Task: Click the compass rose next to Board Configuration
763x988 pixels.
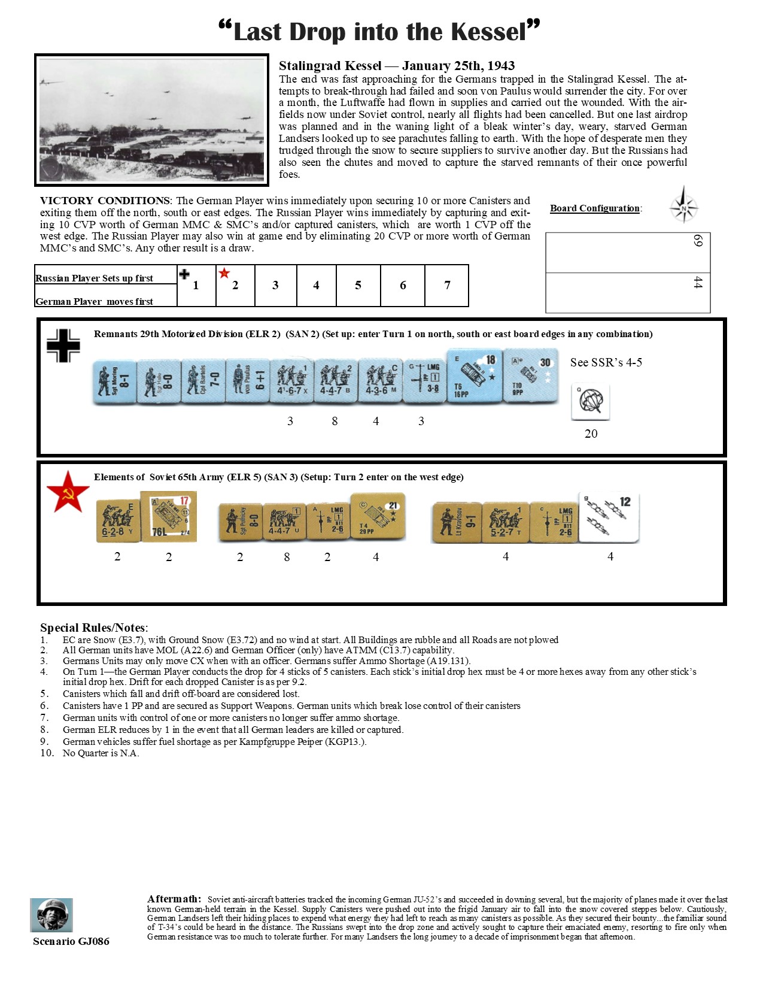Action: [x=683, y=207]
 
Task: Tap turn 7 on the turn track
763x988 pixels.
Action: [x=447, y=286]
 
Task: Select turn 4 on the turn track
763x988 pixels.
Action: [x=316, y=286]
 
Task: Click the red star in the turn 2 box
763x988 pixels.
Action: [x=224, y=274]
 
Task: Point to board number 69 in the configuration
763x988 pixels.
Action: [x=698, y=241]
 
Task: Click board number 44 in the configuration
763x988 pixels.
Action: [x=698, y=283]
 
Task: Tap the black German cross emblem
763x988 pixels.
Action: [x=63, y=346]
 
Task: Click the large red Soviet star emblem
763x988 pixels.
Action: [x=68, y=492]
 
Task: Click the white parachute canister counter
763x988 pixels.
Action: [x=591, y=401]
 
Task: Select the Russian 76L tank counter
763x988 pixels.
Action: [x=169, y=517]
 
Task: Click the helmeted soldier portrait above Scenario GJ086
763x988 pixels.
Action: [x=51, y=914]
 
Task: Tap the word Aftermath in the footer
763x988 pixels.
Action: [x=174, y=898]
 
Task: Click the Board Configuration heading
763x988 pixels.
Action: [x=595, y=208]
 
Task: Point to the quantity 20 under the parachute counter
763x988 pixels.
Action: [x=591, y=434]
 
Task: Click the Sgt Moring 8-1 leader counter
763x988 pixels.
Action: [x=115, y=381]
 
